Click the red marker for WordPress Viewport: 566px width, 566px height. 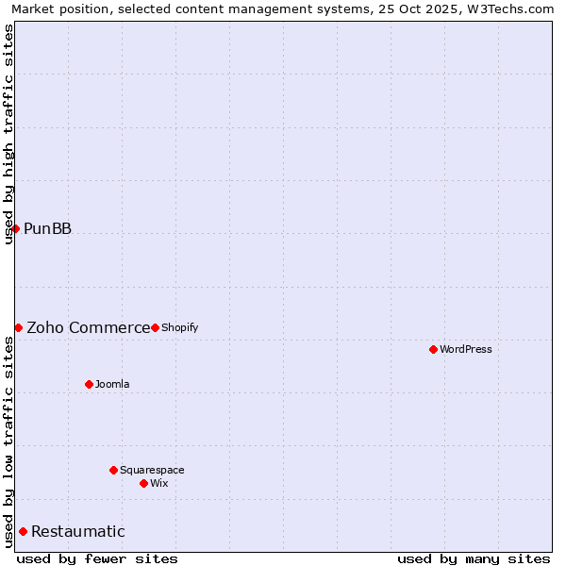click(x=433, y=349)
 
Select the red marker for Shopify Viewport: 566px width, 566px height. click(x=155, y=327)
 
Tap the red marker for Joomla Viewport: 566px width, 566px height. click(x=89, y=384)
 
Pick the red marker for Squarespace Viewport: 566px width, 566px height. click(x=113, y=470)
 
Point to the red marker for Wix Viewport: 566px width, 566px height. click(x=143, y=483)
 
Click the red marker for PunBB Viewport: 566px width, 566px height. click(x=15, y=228)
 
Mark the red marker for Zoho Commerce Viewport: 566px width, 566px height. click(x=18, y=327)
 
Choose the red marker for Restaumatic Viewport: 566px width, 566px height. click(x=23, y=531)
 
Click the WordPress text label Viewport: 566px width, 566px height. click(x=466, y=349)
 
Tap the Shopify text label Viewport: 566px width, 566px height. click(x=179, y=327)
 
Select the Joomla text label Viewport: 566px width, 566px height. click(x=112, y=384)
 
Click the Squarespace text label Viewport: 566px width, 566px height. click(x=152, y=470)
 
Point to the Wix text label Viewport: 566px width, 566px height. click(x=158, y=483)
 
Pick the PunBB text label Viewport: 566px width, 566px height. click(x=47, y=228)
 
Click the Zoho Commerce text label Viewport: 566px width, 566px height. click(x=88, y=327)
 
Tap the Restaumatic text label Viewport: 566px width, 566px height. click(x=77, y=531)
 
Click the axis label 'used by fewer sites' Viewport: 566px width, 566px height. click(x=97, y=558)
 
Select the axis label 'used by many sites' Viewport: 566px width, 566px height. click(x=474, y=558)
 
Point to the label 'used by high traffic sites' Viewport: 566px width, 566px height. click(x=8, y=134)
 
